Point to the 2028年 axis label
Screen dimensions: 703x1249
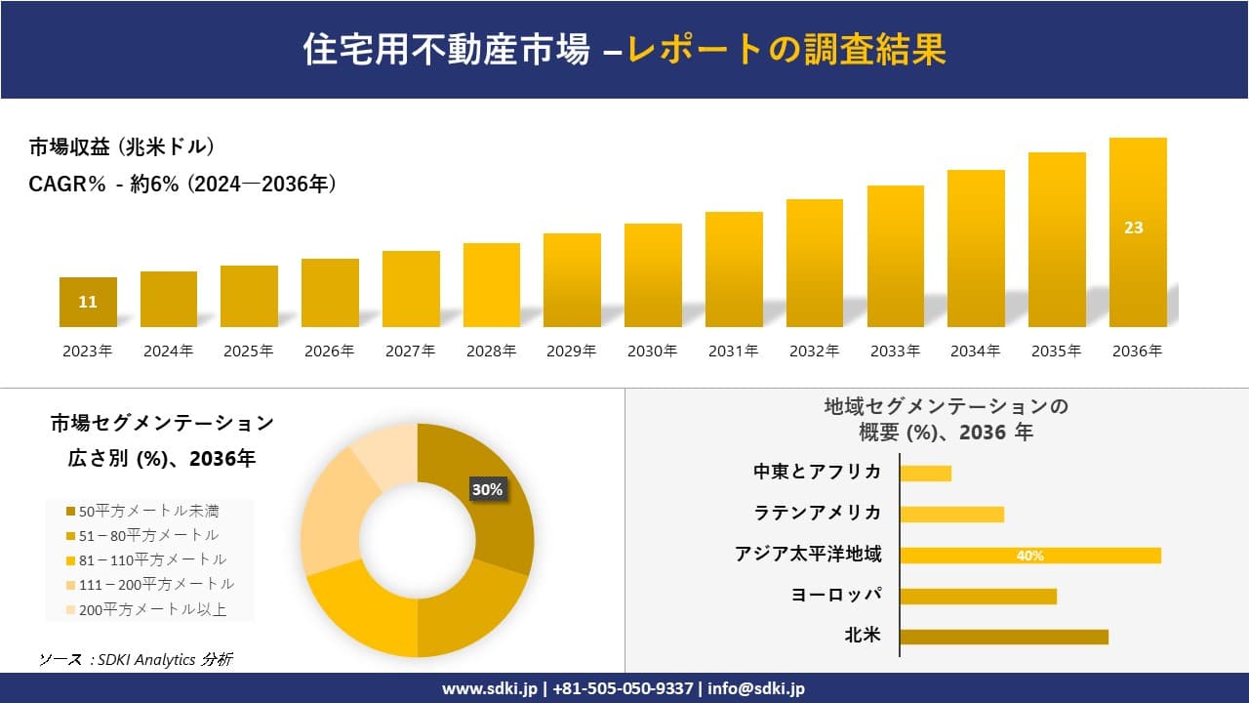click(491, 351)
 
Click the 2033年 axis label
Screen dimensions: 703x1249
click(895, 351)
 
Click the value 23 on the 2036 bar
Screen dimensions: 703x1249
click(1133, 227)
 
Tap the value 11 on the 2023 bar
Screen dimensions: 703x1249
click(88, 302)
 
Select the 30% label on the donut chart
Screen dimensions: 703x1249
click(487, 490)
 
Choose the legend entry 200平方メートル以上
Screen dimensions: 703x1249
click(145, 610)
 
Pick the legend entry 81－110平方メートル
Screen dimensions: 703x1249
click(145, 560)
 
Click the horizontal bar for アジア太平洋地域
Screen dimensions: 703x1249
click(1030, 556)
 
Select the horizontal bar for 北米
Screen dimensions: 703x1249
click(1004, 637)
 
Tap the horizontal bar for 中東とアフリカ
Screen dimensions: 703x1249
click(925, 474)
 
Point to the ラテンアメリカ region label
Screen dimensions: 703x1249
click(818, 514)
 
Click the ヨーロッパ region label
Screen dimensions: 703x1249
click(836, 596)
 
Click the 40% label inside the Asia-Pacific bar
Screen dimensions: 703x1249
click(1030, 556)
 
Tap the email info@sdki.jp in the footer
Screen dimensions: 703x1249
click(756, 688)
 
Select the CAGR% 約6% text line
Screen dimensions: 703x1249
click(182, 184)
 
